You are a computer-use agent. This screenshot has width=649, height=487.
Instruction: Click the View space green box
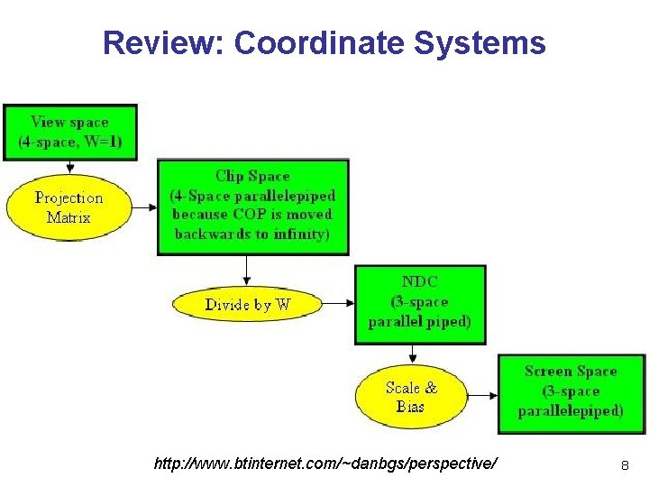coord(70,132)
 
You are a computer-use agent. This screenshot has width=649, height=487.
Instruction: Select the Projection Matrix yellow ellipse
coord(69,207)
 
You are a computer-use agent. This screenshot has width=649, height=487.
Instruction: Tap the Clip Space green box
coord(253,206)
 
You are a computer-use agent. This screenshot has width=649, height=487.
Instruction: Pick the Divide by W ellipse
coord(247,305)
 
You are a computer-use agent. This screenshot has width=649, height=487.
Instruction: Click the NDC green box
coord(420,303)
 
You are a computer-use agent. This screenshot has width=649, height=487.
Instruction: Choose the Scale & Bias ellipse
coord(411,397)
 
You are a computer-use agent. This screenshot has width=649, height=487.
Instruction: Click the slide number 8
coord(624,465)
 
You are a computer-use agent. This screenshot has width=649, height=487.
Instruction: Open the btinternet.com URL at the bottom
coord(325,464)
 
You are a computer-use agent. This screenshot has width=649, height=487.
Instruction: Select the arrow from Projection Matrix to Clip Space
coord(144,208)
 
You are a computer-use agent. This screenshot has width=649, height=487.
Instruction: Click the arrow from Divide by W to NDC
coord(339,305)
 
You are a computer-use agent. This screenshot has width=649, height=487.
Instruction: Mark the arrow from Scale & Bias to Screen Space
coord(483,396)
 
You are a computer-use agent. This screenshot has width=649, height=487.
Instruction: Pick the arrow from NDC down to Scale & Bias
coord(414,358)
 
